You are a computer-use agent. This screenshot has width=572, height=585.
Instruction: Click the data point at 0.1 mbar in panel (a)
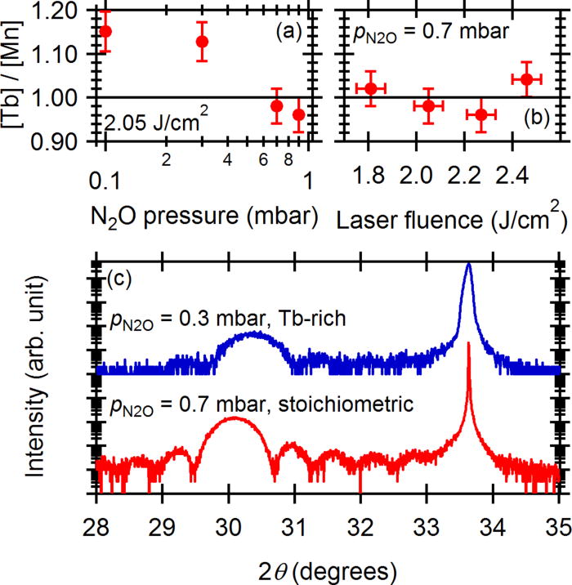(x=105, y=31)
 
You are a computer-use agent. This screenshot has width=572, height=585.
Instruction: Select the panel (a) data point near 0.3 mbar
(x=202, y=41)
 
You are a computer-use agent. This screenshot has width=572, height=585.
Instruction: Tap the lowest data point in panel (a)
(x=299, y=114)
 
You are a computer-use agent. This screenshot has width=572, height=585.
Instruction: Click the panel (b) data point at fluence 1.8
(x=370, y=88)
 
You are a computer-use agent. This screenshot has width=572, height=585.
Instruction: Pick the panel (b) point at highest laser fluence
(x=527, y=79)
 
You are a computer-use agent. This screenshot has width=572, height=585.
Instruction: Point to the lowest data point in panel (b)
(x=480, y=114)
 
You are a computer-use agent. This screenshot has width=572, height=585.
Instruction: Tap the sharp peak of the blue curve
(x=468, y=265)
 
